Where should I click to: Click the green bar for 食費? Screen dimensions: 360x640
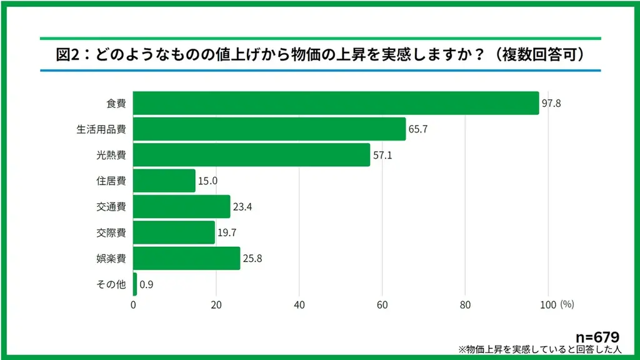[336, 103]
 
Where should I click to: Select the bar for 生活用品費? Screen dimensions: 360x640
[269, 129]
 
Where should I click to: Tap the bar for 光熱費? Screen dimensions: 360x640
[251, 155]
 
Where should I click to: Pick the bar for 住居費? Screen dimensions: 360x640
[164, 181]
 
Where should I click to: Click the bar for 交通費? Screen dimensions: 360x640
[182, 207]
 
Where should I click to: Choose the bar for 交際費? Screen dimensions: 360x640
[174, 232]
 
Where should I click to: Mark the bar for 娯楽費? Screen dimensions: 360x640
[187, 258]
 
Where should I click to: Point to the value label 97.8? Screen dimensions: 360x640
[551, 103]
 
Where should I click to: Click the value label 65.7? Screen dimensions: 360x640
[418, 129]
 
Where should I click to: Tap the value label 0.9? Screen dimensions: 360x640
[146, 284]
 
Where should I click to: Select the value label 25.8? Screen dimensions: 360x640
[252, 258]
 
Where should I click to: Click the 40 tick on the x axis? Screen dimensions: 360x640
[299, 305]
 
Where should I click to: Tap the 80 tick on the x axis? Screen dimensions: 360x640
[465, 305]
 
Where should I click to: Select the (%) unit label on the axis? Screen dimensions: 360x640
[567, 305]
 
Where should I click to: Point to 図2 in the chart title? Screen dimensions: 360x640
[66, 55]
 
